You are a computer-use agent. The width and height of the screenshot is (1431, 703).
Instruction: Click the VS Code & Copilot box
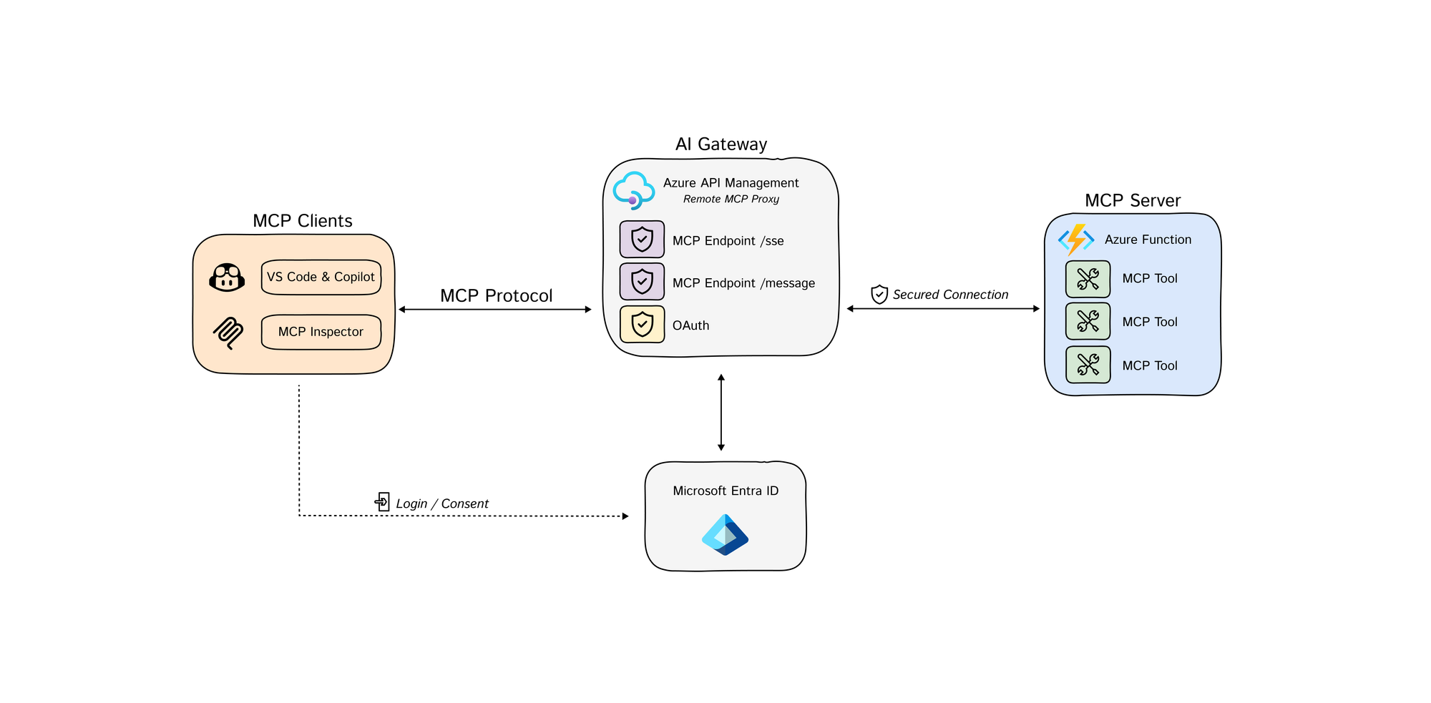(321, 277)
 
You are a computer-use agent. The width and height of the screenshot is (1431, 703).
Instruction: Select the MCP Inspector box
(321, 332)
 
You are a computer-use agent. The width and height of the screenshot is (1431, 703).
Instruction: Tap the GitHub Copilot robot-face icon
(227, 277)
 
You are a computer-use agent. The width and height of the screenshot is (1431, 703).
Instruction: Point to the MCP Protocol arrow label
(496, 295)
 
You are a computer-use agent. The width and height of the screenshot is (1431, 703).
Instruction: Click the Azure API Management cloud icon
(633, 190)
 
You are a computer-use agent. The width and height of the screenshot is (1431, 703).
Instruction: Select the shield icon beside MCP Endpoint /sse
(642, 240)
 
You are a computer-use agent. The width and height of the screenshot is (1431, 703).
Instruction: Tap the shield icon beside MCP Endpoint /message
(642, 282)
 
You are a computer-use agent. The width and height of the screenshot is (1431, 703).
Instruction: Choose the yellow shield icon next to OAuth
(642, 324)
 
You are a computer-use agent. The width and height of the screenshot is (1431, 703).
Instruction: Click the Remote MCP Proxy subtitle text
(731, 200)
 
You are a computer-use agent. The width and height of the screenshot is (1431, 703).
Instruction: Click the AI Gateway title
(721, 144)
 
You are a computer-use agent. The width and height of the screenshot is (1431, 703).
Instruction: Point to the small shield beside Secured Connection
(879, 294)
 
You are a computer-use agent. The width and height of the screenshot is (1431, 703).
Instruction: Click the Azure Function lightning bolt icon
(1075, 240)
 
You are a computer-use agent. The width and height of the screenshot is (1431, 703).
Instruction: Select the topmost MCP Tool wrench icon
(1088, 279)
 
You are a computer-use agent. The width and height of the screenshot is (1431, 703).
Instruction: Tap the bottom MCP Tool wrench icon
(1088, 365)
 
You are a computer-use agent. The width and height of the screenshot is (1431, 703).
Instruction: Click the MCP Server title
(1132, 201)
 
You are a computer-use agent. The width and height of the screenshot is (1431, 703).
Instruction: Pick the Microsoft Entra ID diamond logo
(725, 535)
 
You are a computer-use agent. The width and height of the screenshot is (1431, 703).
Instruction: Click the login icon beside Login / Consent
(383, 502)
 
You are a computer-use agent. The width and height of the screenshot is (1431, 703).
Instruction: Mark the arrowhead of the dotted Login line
(625, 516)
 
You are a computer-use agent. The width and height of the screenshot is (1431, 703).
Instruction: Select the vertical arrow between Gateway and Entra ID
(721, 413)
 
